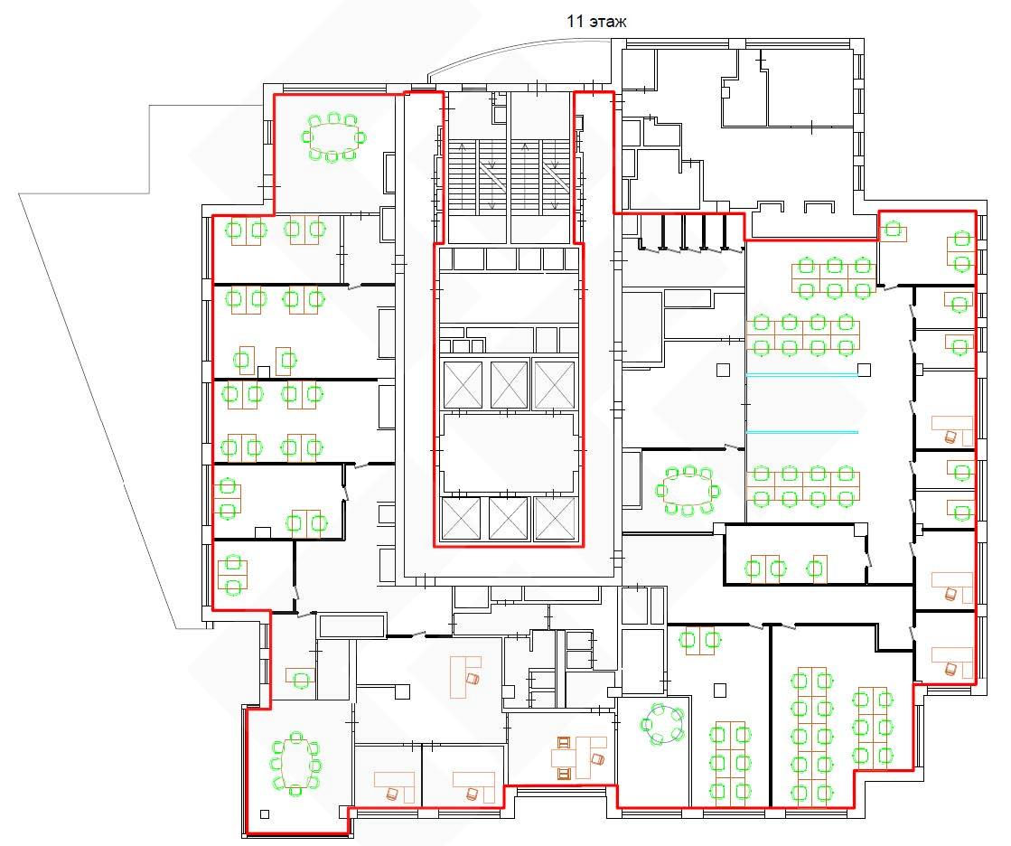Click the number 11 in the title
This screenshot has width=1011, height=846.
[x=575, y=22]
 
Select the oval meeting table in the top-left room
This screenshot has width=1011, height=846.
[x=333, y=136]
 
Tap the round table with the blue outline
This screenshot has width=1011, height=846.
[x=660, y=723]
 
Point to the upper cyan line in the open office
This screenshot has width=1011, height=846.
[x=802, y=374]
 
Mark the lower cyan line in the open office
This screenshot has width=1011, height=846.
[x=802, y=432]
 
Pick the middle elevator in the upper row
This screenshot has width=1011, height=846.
[x=509, y=385]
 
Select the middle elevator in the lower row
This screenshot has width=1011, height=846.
[x=508, y=519]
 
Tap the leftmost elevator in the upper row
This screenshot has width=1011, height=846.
[x=463, y=385]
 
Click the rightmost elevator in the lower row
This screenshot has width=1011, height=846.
[x=555, y=519]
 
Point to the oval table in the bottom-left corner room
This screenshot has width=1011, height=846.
[x=295, y=764]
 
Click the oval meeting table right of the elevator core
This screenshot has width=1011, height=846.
[x=688, y=491]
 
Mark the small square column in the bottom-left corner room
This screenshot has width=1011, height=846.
[x=265, y=814]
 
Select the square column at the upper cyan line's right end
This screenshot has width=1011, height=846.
[x=864, y=371]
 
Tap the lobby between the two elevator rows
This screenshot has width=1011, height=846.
[x=508, y=453]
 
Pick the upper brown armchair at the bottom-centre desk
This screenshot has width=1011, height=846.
[x=564, y=743]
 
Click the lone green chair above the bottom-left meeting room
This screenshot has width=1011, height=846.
[x=301, y=679]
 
